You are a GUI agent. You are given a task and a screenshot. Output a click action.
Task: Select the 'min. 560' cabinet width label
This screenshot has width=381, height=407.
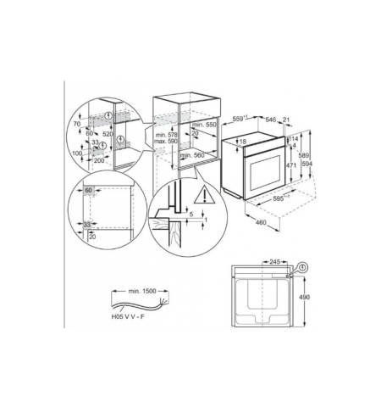tap(197, 156)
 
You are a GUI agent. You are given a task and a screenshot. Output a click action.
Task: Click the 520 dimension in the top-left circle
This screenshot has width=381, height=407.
tap(108, 135)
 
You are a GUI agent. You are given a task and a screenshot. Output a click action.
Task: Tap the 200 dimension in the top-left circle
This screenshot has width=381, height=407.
tap(99, 159)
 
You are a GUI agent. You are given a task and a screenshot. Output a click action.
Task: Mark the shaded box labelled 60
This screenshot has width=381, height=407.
tap(89, 192)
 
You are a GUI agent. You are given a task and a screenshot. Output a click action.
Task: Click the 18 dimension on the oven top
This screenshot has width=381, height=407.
tap(244, 142)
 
